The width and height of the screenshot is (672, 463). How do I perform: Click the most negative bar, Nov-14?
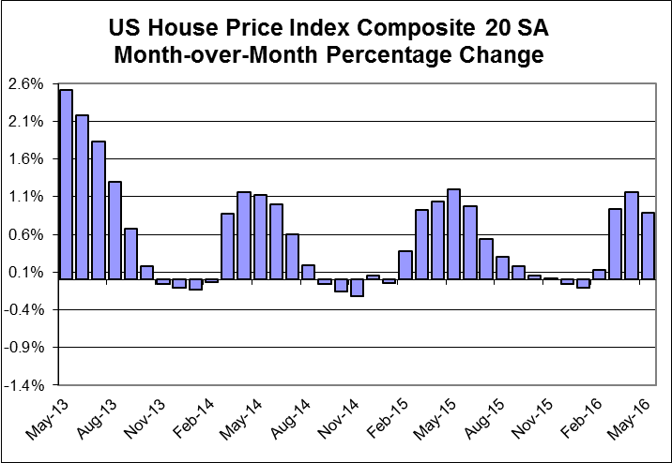coord(357,288)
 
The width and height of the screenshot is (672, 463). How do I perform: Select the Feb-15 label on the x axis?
coord(385,419)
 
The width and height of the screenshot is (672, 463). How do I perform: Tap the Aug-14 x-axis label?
coord(288,419)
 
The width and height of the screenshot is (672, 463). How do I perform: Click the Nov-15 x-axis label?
coord(530,419)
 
